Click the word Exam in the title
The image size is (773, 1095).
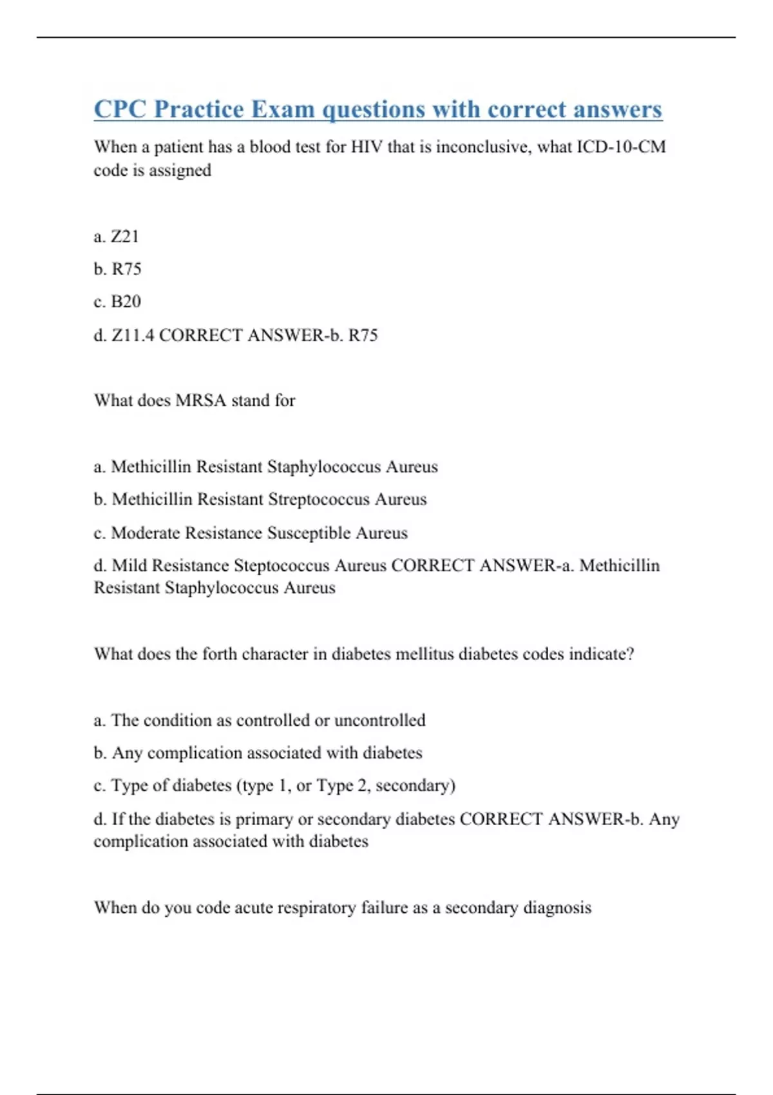283,110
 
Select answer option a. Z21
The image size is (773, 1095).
117,236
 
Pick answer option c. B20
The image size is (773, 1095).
117,301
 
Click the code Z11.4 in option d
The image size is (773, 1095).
133,335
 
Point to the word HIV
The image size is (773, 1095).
367,147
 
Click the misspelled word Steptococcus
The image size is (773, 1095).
282,566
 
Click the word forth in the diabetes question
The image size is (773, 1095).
220,654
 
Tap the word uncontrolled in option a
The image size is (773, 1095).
379,720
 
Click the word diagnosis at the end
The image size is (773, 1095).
557,908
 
